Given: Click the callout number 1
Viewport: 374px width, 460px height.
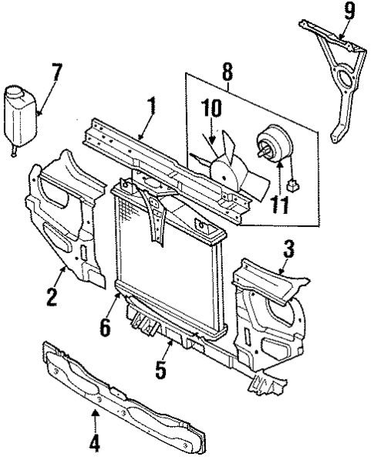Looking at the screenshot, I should (x=151, y=106).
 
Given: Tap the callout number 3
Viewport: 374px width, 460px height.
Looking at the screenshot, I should (x=288, y=249).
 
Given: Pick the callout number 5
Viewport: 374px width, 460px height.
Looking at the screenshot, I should (x=160, y=370).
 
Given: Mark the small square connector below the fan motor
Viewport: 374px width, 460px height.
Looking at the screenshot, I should (x=292, y=186).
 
